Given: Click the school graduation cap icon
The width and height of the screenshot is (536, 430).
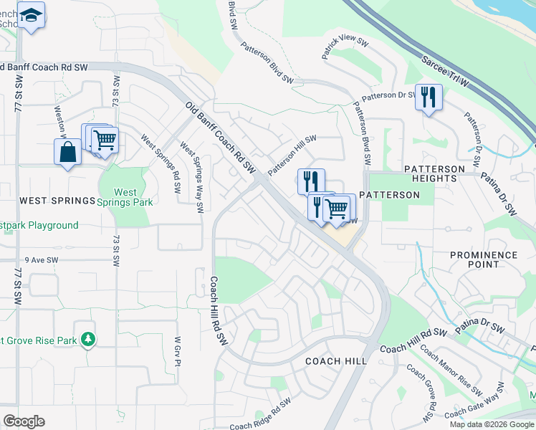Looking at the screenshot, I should click(x=31, y=15).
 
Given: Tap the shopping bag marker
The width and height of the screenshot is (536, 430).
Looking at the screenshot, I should click(x=67, y=152).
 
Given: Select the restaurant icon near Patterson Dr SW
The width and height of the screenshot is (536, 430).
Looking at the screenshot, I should click(x=428, y=97).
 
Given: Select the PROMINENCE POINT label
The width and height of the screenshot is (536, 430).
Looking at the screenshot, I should click(x=484, y=259).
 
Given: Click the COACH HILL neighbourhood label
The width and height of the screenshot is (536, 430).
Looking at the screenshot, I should click(x=336, y=361).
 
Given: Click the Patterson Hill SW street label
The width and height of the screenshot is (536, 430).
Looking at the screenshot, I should click(x=292, y=156).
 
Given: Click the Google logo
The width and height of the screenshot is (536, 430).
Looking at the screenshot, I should click(x=24, y=421).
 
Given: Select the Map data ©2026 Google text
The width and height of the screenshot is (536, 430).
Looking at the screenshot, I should click(x=492, y=424).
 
